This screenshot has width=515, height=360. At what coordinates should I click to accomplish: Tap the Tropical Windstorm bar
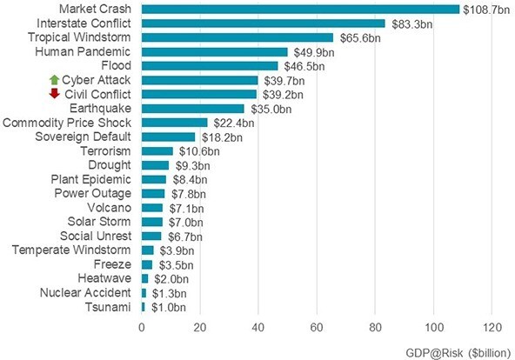[237, 37]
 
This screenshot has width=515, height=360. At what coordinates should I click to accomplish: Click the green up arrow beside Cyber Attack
[54, 80]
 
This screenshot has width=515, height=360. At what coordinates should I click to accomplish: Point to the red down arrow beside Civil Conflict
[54, 94]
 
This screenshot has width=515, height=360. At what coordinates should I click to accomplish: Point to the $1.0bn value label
[167, 307]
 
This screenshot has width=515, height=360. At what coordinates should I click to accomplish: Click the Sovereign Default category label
[84, 137]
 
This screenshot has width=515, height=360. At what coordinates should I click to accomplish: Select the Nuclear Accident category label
[86, 293]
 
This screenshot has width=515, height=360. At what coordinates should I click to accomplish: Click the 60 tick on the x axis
[316, 327]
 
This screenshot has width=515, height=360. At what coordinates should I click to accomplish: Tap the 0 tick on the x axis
[142, 327]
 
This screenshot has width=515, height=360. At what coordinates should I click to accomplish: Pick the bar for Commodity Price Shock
[174, 123]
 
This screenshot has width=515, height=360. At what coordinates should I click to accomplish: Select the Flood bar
[210, 66]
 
